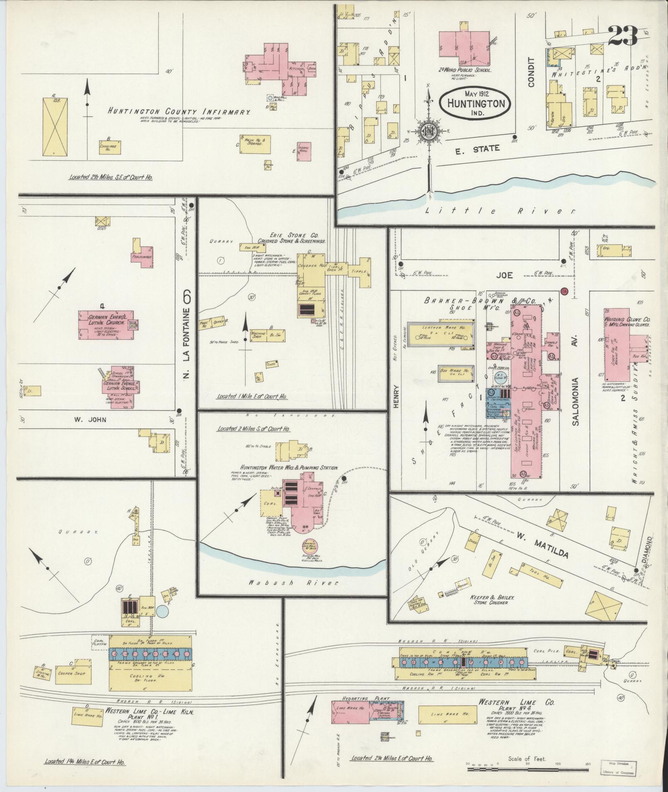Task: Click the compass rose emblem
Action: (429, 131)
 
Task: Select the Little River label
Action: (501, 211)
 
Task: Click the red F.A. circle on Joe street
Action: (564, 291)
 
